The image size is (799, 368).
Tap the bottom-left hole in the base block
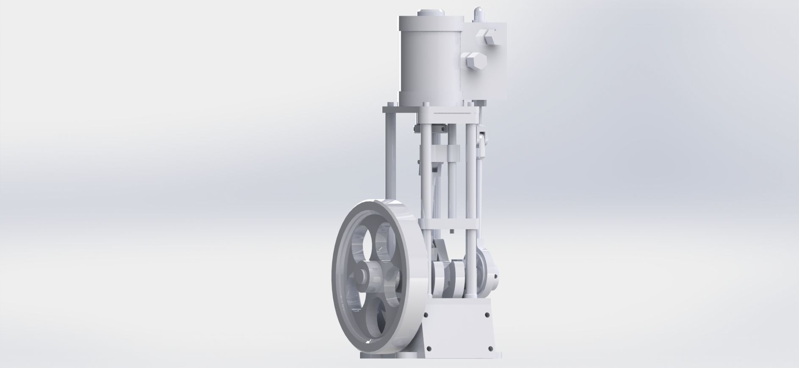point(429,349)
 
